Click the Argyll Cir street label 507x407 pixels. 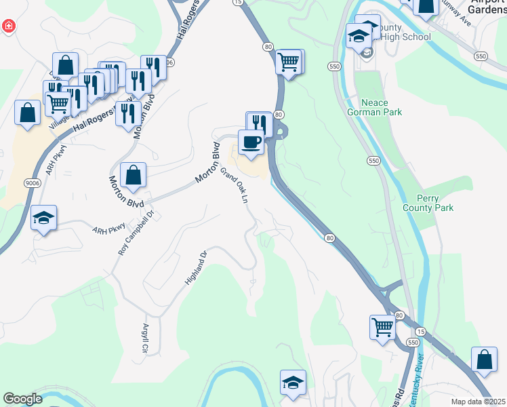click(x=145, y=339)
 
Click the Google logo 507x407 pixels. click(x=22, y=399)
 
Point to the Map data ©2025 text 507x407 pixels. click(x=478, y=402)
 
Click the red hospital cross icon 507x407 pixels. click(x=9, y=26)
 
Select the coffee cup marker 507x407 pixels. click(x=251, y=142)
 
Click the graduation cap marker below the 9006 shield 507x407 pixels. click(x=43, y=217)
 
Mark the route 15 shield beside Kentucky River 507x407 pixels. click(x=421, y=330)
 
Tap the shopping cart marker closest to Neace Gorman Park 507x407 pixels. click(x=289, y=62)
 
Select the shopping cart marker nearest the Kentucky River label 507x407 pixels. click(x=383, y=328)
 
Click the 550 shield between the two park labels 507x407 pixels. click(x=373, y=161)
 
